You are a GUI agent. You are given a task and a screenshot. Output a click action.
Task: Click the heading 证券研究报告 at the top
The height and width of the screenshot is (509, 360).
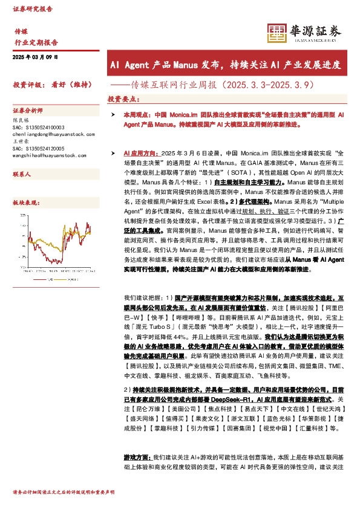point(33,10)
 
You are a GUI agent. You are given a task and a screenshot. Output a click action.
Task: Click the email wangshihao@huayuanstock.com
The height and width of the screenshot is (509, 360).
point(48,155)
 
